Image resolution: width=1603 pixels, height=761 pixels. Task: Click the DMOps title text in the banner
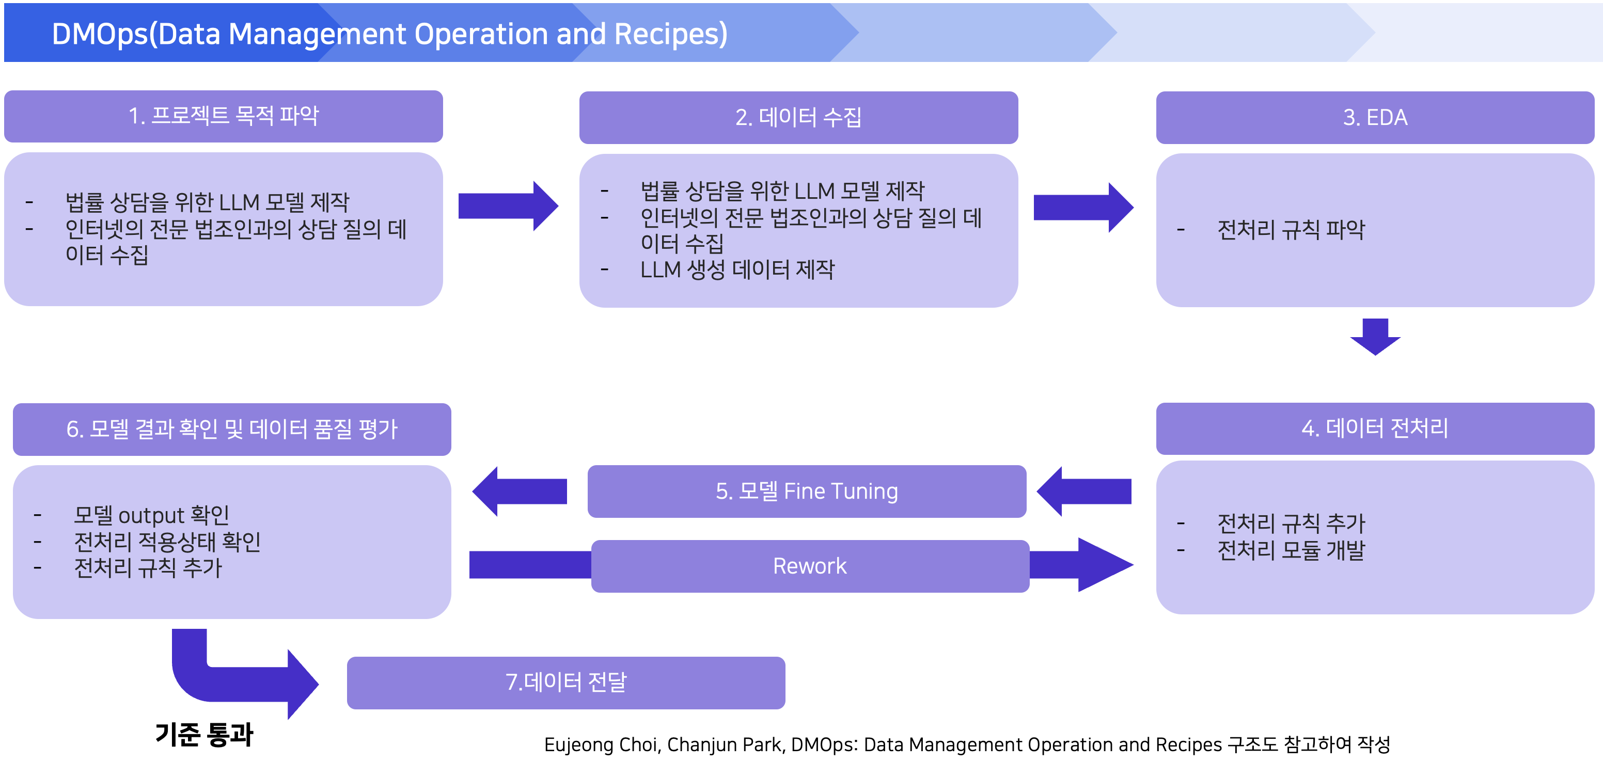click(389, 34)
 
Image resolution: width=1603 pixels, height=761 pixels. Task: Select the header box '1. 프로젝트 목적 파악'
click(224, 116)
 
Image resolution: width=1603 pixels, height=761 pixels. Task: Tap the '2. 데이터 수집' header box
click(798, 117)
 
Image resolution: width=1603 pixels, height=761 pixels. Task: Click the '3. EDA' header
click(1375, 117)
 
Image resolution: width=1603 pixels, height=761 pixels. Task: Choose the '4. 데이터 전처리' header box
click(1375, 428)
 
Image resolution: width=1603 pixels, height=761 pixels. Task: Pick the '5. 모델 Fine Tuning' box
click(807, 491)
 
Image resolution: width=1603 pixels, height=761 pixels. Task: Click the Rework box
click(810, 566)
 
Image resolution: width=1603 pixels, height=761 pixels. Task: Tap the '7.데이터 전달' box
click(565, 682)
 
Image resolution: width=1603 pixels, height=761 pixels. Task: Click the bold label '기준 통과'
click(204, 734)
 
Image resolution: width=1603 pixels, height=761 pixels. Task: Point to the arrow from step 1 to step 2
click(507, 206)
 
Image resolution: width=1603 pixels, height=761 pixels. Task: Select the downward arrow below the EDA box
click(1375, 337)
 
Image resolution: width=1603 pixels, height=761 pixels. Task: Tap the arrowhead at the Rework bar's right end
click(1102, 564)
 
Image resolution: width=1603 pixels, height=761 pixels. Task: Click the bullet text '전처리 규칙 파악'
click(1291, 230)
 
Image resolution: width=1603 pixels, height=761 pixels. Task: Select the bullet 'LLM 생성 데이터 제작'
click(737, 269)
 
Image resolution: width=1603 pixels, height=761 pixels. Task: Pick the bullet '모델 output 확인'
click(151, 515)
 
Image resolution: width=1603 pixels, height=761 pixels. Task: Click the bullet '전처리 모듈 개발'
click(1291, 549)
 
